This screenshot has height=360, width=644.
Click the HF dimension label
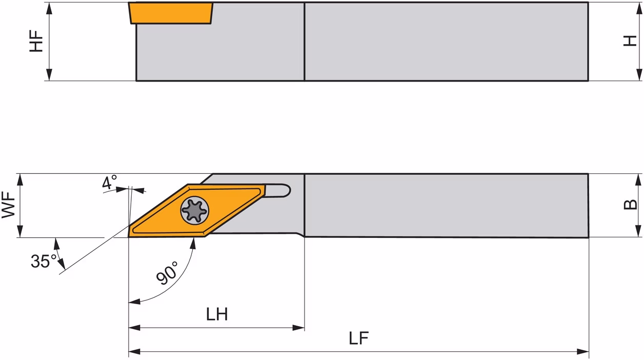36,41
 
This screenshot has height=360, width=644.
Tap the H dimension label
630,49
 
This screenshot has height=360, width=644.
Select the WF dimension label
9,205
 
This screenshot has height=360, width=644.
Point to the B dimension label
630,205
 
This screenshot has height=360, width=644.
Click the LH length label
217,314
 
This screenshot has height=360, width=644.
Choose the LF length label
358,338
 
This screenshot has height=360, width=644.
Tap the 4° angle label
110,182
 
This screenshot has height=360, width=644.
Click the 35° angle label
44,261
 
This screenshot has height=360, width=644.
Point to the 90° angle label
167,273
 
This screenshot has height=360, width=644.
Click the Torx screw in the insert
195,210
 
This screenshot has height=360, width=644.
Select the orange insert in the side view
171,13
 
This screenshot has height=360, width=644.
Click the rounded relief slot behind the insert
278,191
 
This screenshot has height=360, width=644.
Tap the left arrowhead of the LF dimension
134,352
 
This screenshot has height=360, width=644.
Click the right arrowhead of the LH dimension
298,328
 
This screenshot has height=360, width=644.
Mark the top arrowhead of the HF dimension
49,8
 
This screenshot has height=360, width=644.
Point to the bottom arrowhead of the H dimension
639,75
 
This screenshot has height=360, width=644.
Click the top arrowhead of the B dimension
638,179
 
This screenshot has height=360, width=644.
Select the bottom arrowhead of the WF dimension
20,231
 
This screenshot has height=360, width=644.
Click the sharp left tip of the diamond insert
129,237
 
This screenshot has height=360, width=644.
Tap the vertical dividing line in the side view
305,42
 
